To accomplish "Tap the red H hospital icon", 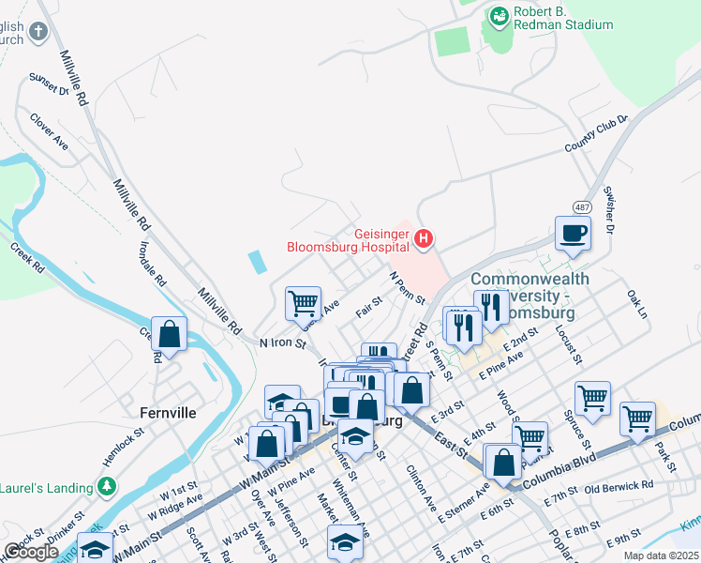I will (x=423, y=240).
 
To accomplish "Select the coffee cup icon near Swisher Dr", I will (x=572, y=235).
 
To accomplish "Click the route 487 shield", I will (x=581, y=206).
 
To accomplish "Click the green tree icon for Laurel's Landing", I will (x=108, y=486).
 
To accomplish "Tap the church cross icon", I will (x=37, y=34).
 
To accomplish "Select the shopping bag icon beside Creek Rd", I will (x=169, y=334).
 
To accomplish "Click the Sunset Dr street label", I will (x=50, y=84).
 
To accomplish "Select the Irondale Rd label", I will (x=153, y=267).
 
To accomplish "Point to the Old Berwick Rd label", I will (x=618, y=486).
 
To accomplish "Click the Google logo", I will (x=31, y=552).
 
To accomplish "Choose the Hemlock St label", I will (x=122, y=443).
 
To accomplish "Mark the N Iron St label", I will (x=283, y=344).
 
